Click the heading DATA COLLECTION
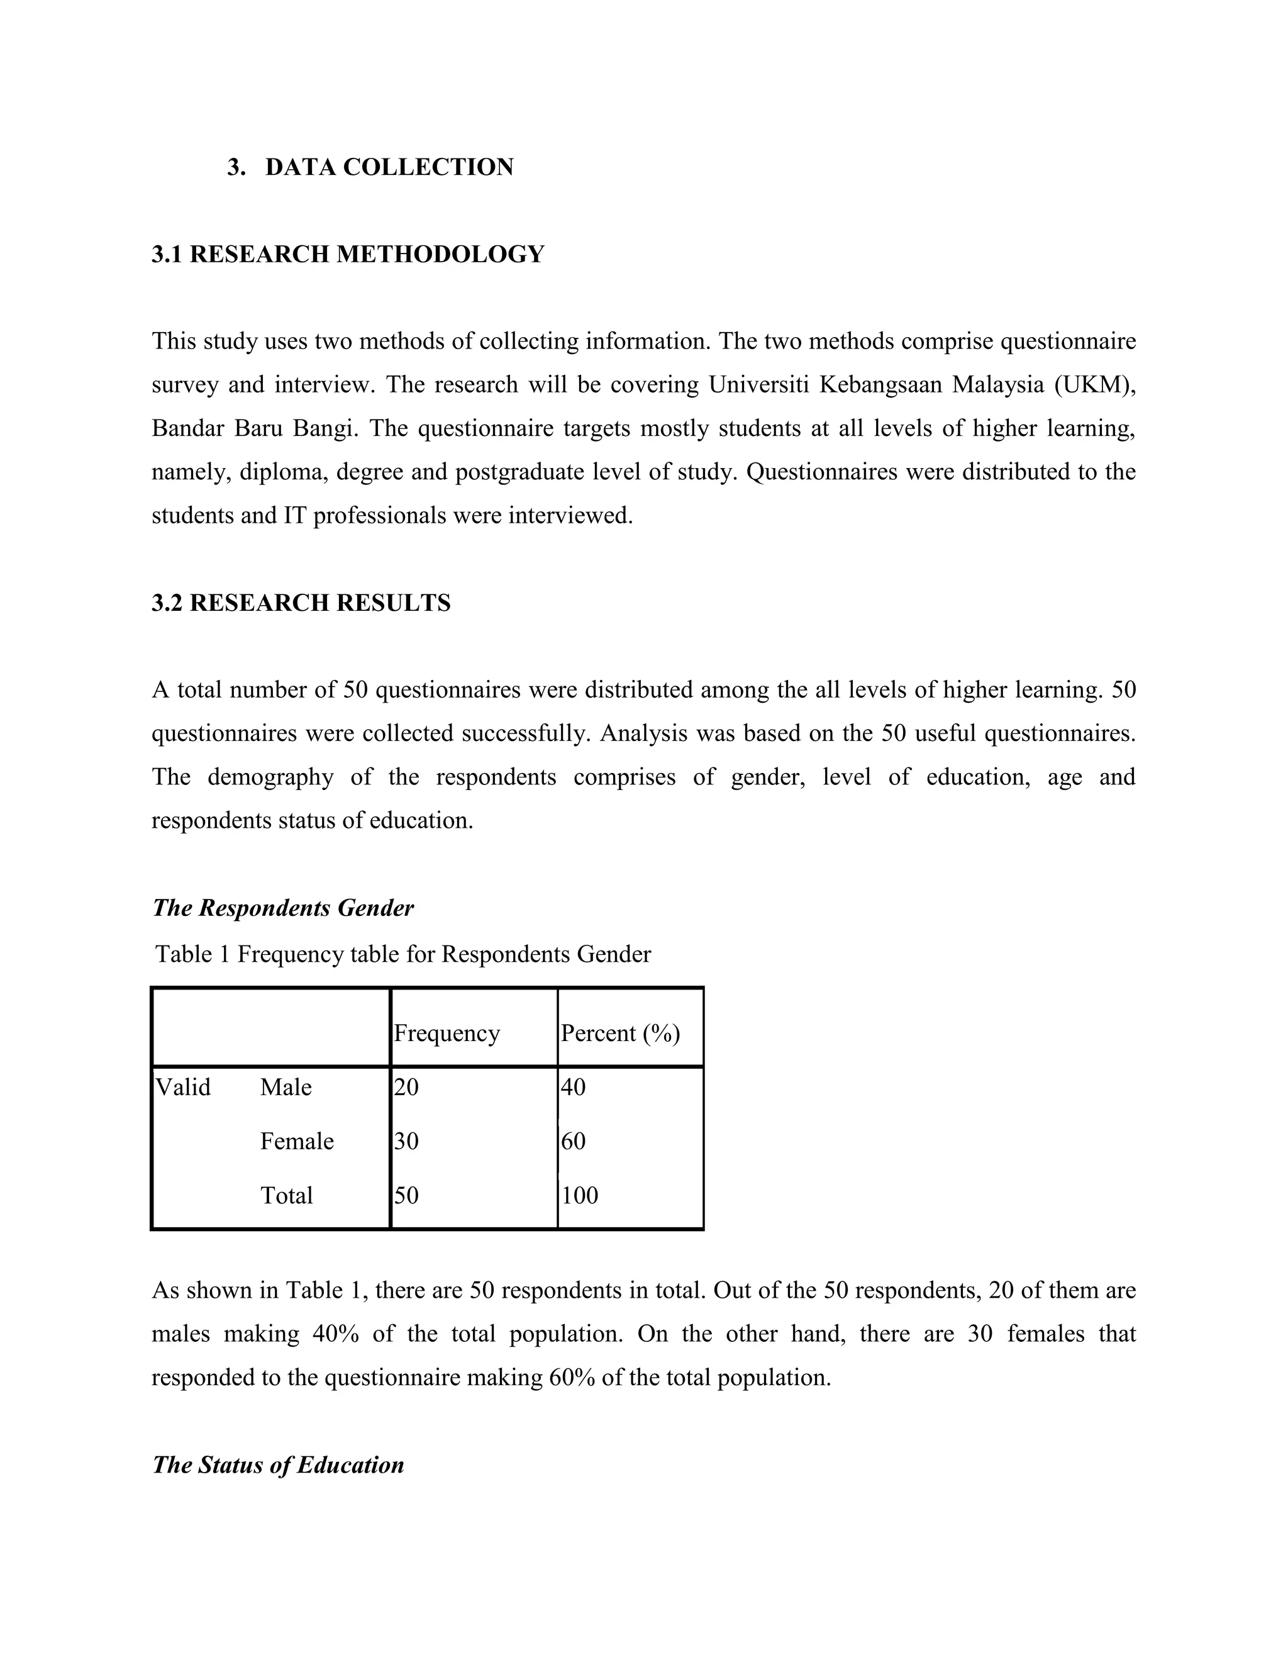[389, 167]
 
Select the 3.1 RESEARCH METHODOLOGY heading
[348, 254]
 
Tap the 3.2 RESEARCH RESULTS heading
[301, 603]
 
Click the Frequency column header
[447, 1033]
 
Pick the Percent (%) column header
[620, 1033]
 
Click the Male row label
[286, 1087]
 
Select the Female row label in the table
[297, 1141]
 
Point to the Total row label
[286, 1195]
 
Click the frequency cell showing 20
[407, 1087]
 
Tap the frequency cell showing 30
[407, 1141]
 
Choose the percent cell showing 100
[580, 1195]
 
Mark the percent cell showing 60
[574, 1141]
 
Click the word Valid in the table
[183, 1087]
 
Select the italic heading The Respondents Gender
[283, 908]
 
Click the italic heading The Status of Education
[278, 1464]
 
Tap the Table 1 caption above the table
[403, 954]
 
